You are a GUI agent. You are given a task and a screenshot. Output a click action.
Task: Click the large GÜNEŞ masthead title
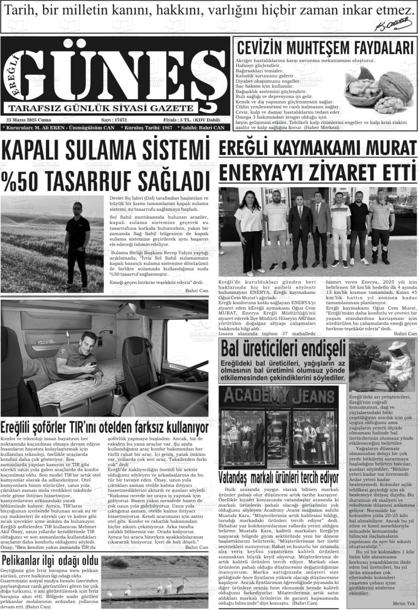(x=121, y=72)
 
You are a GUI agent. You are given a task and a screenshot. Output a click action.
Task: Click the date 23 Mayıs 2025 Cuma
(x=29, y=120)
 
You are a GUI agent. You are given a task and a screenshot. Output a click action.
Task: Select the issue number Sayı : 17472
(x=114, y=120)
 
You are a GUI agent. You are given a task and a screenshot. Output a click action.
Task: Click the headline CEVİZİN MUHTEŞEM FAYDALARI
(x=325, y=48)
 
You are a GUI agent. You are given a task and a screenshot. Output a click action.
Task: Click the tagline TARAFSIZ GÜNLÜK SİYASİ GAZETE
(x=101, y=108)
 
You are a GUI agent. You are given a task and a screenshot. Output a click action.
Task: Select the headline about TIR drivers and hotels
(x=104, y=427)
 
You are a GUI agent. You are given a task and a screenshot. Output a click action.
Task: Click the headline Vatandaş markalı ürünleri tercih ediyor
(x=278, y=478)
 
